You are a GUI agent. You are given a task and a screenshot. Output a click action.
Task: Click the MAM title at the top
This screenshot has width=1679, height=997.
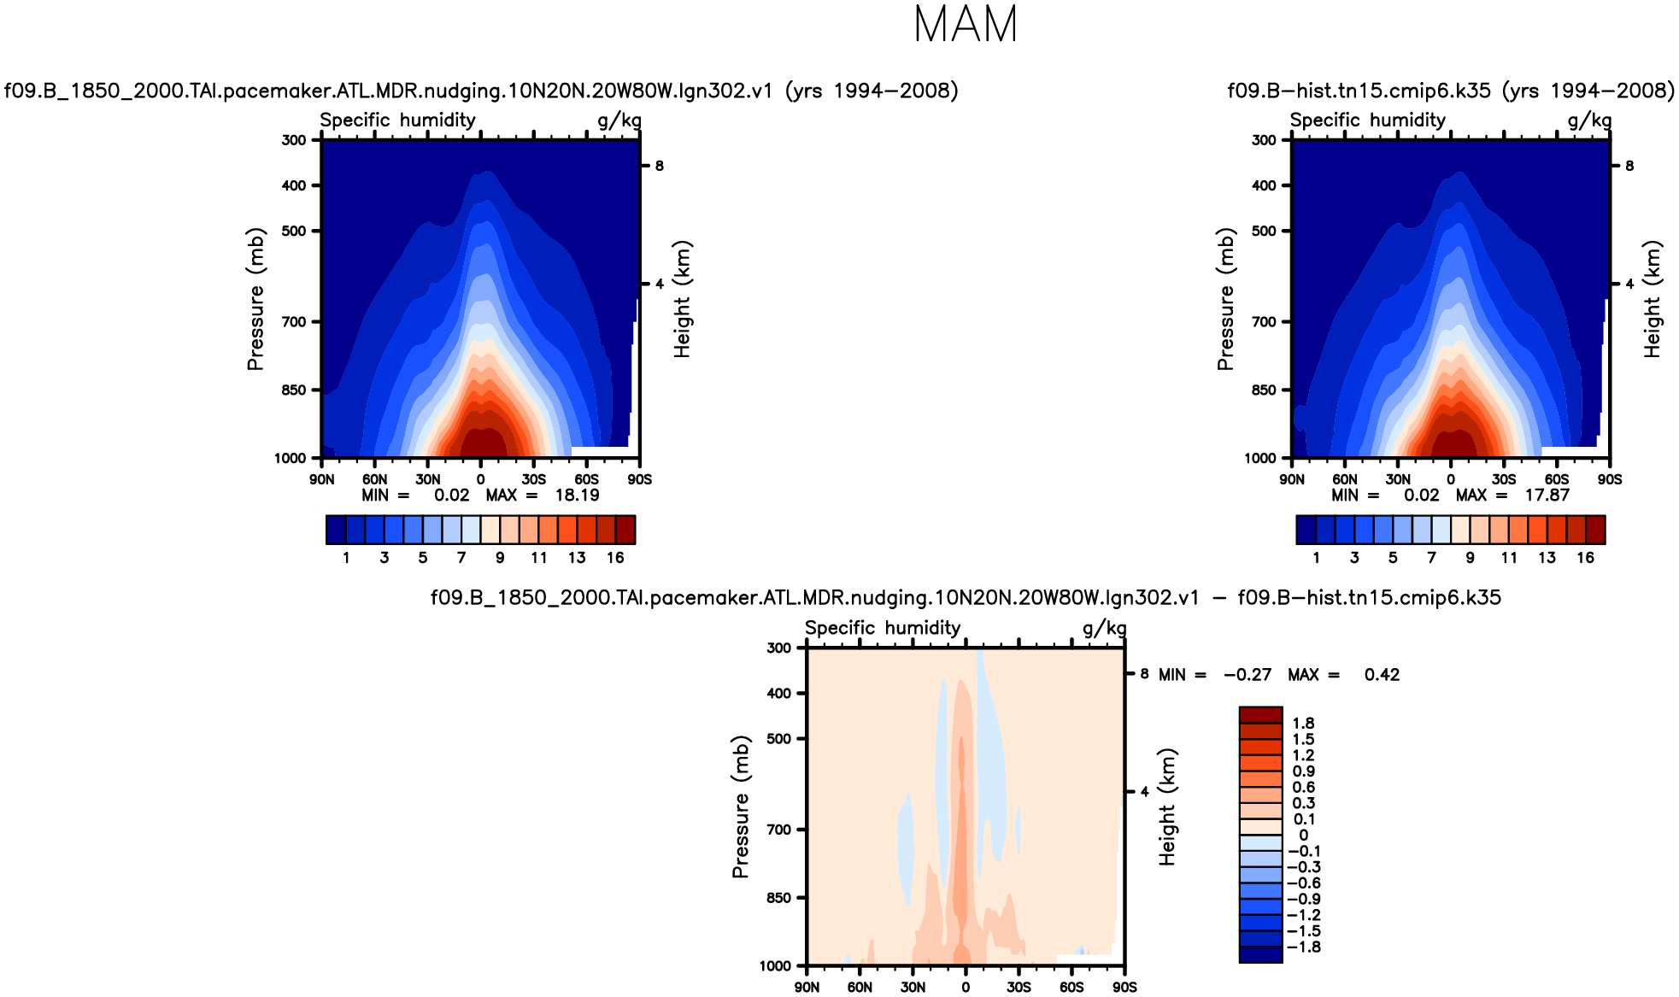tap(966, 24)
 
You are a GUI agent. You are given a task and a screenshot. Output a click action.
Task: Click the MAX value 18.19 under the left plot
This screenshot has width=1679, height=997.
tap(577, 496)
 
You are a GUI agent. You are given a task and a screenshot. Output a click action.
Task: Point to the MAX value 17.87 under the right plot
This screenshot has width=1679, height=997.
tap(1547, 496)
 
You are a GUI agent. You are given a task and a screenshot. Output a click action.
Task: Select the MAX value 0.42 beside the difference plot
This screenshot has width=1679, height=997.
tap(1382, 675)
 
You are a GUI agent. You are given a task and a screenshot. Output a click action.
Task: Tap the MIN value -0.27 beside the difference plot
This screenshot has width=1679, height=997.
tap(1247, 675)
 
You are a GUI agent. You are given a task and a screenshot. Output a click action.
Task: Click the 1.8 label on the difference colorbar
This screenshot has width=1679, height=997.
tap(1303, 724)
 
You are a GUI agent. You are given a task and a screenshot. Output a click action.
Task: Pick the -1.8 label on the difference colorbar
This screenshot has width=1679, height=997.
tap(1304, 947)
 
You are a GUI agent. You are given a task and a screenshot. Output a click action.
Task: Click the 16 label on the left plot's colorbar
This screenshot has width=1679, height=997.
tap(615, 558)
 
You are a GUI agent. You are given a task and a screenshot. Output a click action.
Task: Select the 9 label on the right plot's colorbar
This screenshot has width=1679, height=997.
tap(1470, 558)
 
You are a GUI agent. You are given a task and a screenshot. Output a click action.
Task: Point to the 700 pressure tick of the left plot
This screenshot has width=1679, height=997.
tap(294, 322)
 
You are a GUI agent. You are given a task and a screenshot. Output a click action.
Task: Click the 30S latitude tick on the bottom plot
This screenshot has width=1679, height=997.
tap(1019, 988)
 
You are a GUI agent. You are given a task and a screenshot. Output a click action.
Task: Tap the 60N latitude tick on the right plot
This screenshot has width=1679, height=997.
tap(1345, 480)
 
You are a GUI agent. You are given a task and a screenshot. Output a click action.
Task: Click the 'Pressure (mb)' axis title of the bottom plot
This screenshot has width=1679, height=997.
tap(741, 806)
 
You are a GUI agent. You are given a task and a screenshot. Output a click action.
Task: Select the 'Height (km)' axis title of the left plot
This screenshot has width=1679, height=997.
tap(682, 299)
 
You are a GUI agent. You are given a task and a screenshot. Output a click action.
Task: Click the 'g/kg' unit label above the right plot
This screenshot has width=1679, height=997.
tap(1589, 120)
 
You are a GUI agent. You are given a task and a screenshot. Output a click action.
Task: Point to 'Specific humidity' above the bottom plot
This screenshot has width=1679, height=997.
tap(883, 628)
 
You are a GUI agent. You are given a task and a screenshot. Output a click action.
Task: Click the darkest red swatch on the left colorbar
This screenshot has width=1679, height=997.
tap(625, 530)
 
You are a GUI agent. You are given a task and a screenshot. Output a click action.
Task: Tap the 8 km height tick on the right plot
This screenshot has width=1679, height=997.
tap(1629, 166)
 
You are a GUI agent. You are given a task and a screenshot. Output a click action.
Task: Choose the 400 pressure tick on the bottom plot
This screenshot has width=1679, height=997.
tap(779, 694)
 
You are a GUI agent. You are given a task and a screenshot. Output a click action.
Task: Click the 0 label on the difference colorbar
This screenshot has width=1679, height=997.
tap(1303, 836)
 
